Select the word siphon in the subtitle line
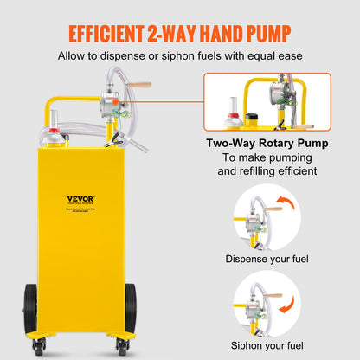[x=190, y=58]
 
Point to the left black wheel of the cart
[x=31, y=307]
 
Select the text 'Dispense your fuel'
[x=267, y=259]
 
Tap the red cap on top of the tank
[x=54, y=133]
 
